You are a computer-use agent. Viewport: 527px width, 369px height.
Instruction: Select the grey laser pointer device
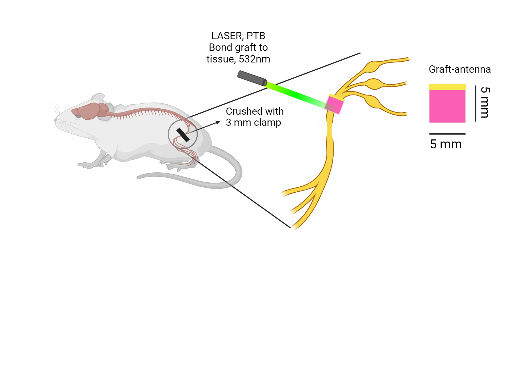pyautogui.click(x=252, y=78)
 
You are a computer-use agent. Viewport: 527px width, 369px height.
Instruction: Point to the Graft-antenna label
pyautogui.click(x=460, y=69)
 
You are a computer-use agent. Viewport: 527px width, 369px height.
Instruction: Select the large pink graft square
pyautogui.click(x=447, y=106)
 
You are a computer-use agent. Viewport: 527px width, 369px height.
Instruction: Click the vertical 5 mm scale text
pyautogui.click(x=485, y=102)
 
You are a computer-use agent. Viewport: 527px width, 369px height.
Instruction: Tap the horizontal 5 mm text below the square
pyautogui.click(x=446, y=144)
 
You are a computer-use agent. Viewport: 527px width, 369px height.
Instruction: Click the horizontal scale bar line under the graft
pyautogui.click(x=447, y=134)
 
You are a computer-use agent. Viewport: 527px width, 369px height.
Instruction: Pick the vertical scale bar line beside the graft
pyautogui.click(x=475, y=103)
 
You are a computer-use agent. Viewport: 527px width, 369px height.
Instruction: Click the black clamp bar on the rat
pyautogui.click(x=183, y=135)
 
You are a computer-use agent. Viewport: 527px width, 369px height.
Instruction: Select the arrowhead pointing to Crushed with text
pyautogui.click(x=218, y=122)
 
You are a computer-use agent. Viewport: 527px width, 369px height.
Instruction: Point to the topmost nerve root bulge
pyautogui.click(x=372, y=67)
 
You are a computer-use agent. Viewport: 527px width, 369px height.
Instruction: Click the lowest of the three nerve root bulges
pyautogui.click(x=372, y=102)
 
